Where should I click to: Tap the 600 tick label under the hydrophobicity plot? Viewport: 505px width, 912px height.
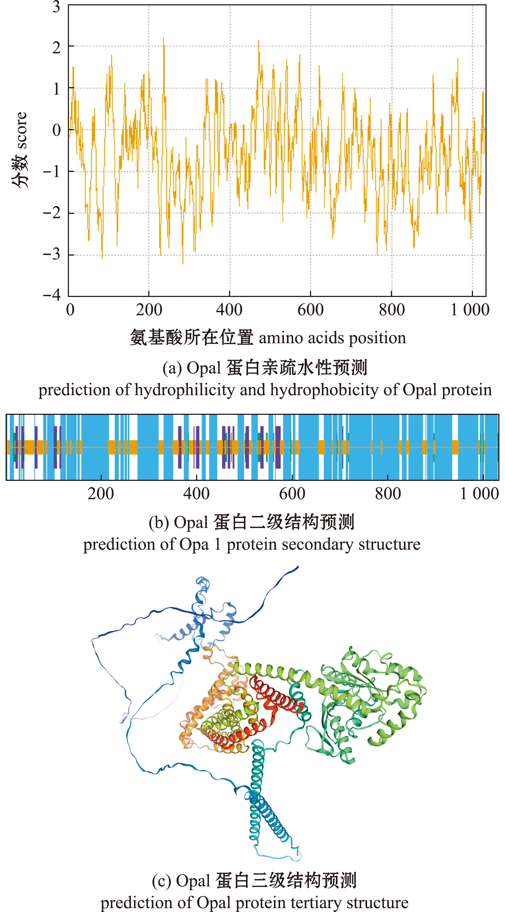pyautogui.click(x=310, y=310)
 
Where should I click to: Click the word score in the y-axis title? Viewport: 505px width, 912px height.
pyautogui.click(x=21, y=130)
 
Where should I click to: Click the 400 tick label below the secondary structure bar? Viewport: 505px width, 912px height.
pyautogui.click(x=196, y=493)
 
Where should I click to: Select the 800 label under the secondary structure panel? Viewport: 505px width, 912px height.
pyautogui.click(x=388, y=493)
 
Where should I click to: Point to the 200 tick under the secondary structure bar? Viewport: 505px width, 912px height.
pyautogui.click(x=101, y=493)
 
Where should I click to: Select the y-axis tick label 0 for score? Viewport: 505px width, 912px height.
pyautogui.click(x=56, y=130)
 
